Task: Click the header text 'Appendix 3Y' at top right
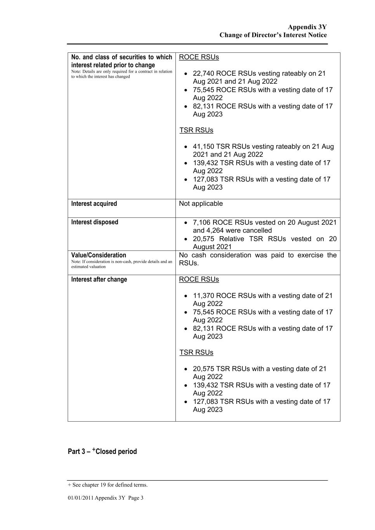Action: point(307,27)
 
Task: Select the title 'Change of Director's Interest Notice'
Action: point(273,35)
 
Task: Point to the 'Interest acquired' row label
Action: point(94,204)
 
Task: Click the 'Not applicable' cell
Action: point(201,204)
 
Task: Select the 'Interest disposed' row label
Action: point(95,222)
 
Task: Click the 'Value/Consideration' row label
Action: point(99,255)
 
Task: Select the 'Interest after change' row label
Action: point(99,280)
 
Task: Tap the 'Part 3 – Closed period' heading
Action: point(102,452)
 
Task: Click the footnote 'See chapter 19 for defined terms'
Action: point(109,485)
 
